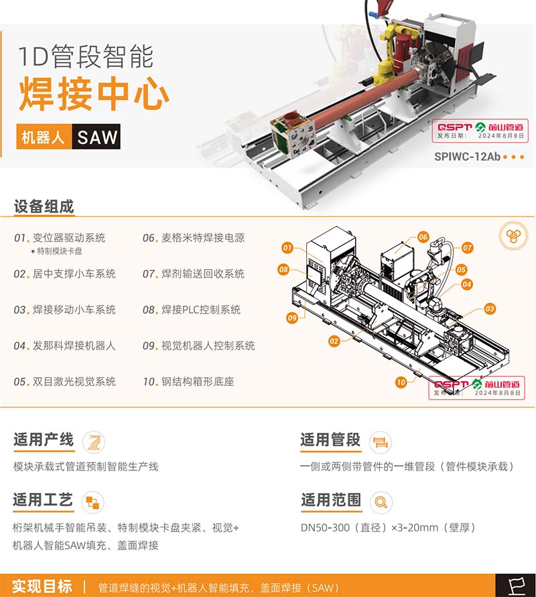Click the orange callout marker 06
[x=423, y=237]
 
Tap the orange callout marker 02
[x=334, y=341]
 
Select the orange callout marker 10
[x=401, y=383]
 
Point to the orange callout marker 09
[x=292, y=318]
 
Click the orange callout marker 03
[x=490, y=309]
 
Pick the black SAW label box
[x=96, y=136]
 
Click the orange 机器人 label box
[x=44, y=136]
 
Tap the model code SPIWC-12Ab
[x=467, y=157]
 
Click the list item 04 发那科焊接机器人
[x=64, y=346]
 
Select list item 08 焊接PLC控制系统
[x=192, y=310]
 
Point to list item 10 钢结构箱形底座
[x=188, y=381]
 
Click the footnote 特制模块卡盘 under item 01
[x=56, y=251]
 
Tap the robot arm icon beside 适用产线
[x=94, y=442]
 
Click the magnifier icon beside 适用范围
[x=381, y=503]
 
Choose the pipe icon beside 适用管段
[x=381, y=442]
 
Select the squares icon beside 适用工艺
[x=92, y=503]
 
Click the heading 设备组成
[x=44, y=206]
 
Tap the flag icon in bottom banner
[x=516, y=586]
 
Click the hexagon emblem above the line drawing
[x=513, y=235]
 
